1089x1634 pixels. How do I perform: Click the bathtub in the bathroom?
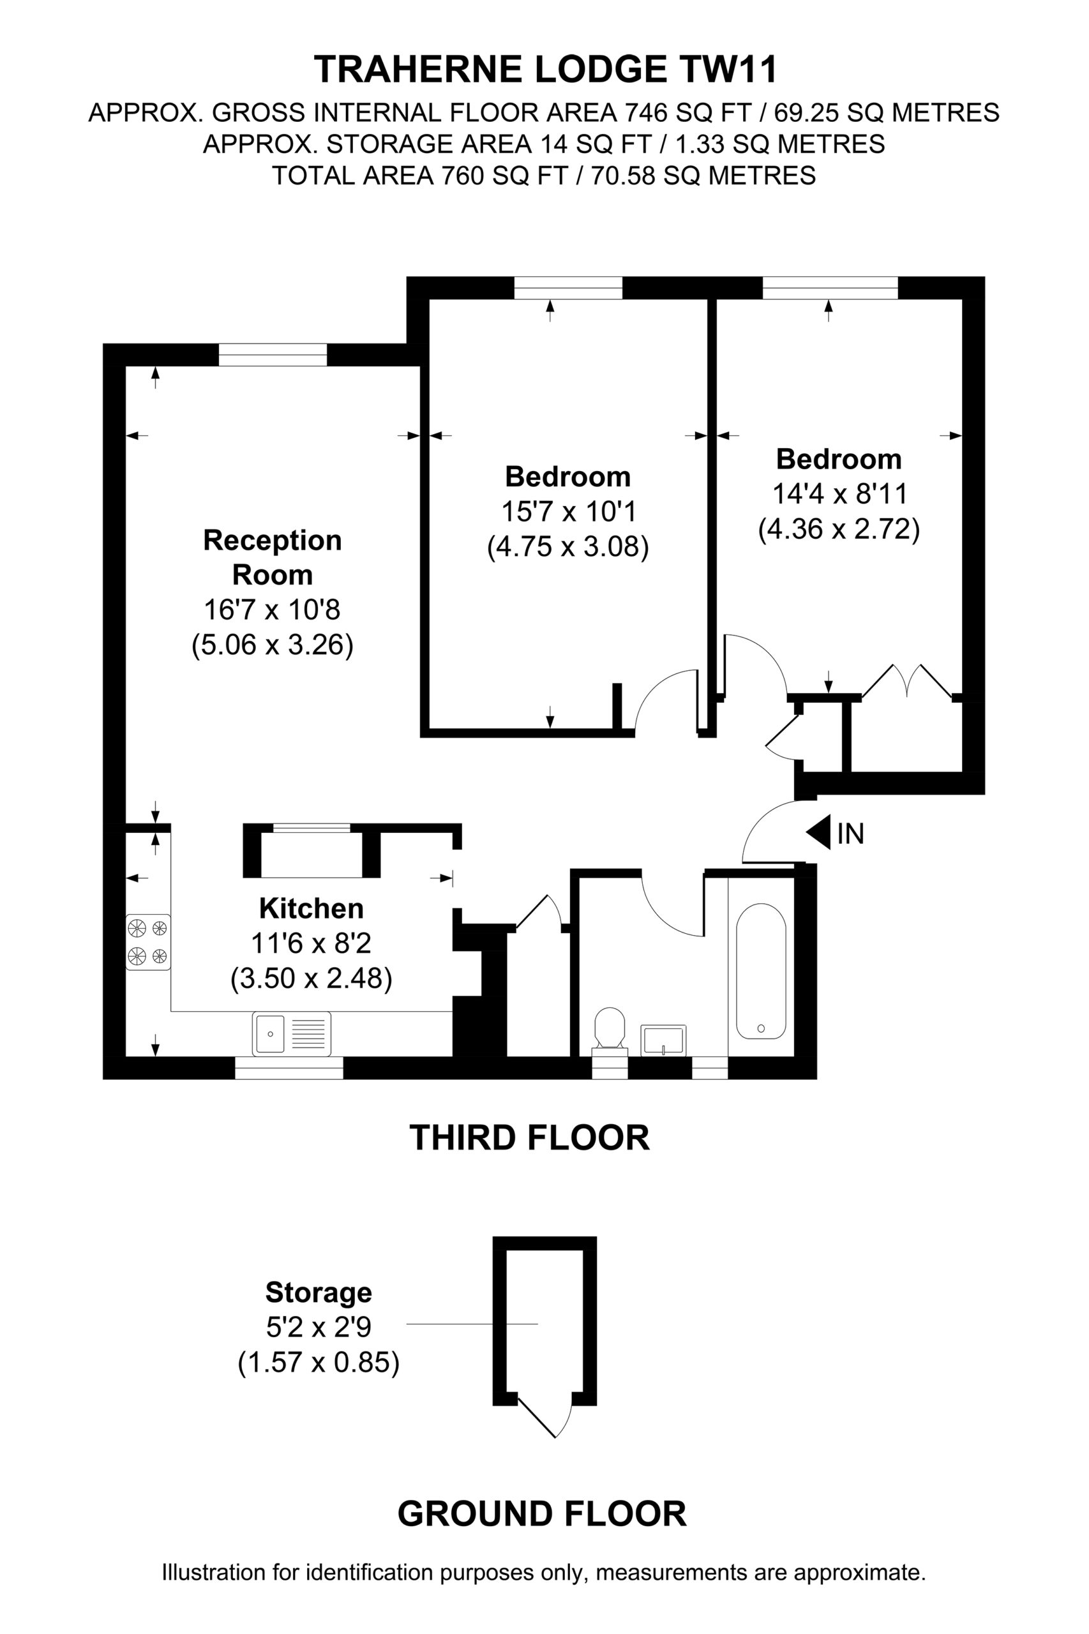tap(760, 971)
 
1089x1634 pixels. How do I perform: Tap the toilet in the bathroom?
tap(610, 1030)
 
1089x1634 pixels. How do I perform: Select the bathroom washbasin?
tap(663, 1040)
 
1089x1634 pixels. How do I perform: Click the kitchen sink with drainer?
tap(292, 1033)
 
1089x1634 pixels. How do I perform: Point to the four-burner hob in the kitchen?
tap(148, 941)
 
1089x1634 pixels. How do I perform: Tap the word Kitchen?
tap(311, 908)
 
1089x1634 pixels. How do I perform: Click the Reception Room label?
tap(272, 557)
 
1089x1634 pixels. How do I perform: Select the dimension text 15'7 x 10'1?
tap(569, 512)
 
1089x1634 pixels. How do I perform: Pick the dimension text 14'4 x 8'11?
tap(839, 494)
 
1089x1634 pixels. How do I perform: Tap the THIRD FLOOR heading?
tap(529, 1137)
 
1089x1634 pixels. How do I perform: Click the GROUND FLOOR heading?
tap(542, 1514)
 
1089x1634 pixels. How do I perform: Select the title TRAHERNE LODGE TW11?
tap(546, 70)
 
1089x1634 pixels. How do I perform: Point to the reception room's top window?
tap(272, 355)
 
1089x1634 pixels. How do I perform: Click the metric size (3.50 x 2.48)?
tap(311, 978)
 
